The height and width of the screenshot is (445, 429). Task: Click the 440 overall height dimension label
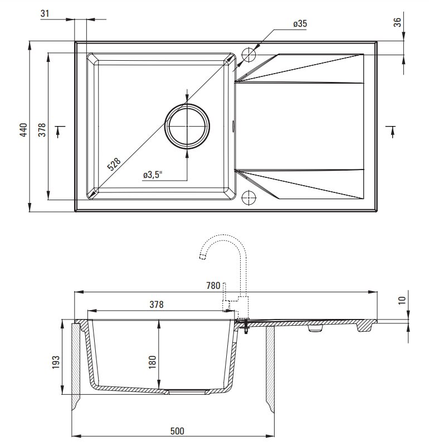[24, 129]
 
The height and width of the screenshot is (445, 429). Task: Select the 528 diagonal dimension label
[114, 164]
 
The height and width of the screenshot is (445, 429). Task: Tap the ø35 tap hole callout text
[300, 24]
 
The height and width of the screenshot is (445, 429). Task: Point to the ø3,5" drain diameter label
[153, 175]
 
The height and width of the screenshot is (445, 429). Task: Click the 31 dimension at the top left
[45, 13]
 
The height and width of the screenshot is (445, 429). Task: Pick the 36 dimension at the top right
[398, 22]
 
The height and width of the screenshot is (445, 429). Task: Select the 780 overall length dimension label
[213, 285]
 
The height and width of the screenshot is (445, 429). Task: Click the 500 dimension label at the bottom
[177, 431]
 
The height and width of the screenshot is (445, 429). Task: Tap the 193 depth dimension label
[56, 362]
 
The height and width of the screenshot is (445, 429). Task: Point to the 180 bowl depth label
[152, 362]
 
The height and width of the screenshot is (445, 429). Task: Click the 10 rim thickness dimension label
[402, 300]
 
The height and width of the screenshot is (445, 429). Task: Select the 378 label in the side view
[157, 304]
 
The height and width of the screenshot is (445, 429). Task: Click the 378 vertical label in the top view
[42, 130]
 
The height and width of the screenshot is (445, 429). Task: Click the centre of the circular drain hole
[187, 126]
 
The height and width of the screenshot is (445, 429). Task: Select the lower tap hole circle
[248, 198]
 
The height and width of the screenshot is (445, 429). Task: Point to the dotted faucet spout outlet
[202, 257]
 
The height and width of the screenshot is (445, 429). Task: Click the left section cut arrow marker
[58, 132]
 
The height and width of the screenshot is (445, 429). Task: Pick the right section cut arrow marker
[392, 132]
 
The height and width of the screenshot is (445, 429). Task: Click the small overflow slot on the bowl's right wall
[233, 126]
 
